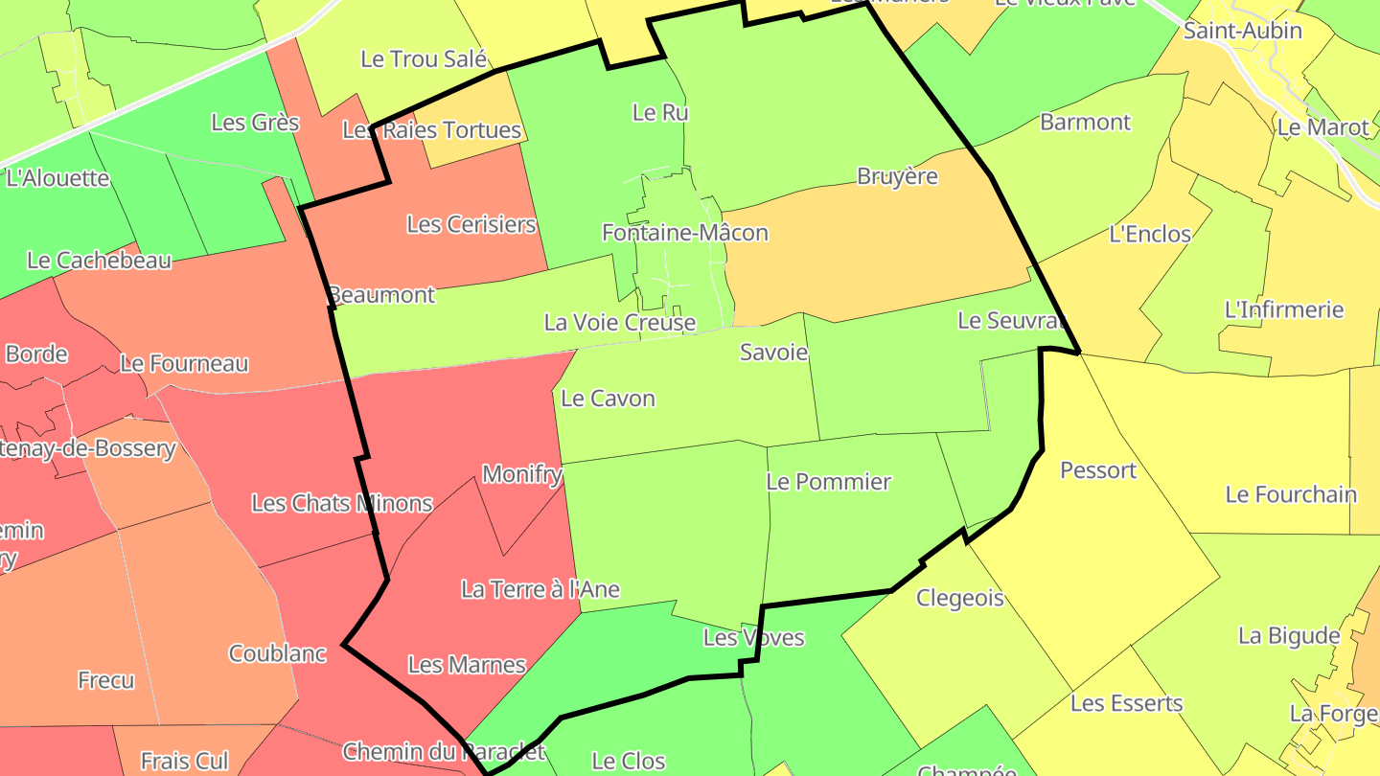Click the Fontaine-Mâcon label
684,233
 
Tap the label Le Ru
660,112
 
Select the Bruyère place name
897,176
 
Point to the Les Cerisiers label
471,224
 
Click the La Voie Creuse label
619,322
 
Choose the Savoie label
773,353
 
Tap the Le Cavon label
608,399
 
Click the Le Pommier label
828,482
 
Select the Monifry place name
520,473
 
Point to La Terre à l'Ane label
540,589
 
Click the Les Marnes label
467,665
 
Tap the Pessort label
1098,470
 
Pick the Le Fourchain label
1291,494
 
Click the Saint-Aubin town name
1242,31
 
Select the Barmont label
1085,122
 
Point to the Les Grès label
255,123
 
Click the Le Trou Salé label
424,58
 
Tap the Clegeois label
959,599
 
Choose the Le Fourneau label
184,364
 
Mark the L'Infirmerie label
1284,309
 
